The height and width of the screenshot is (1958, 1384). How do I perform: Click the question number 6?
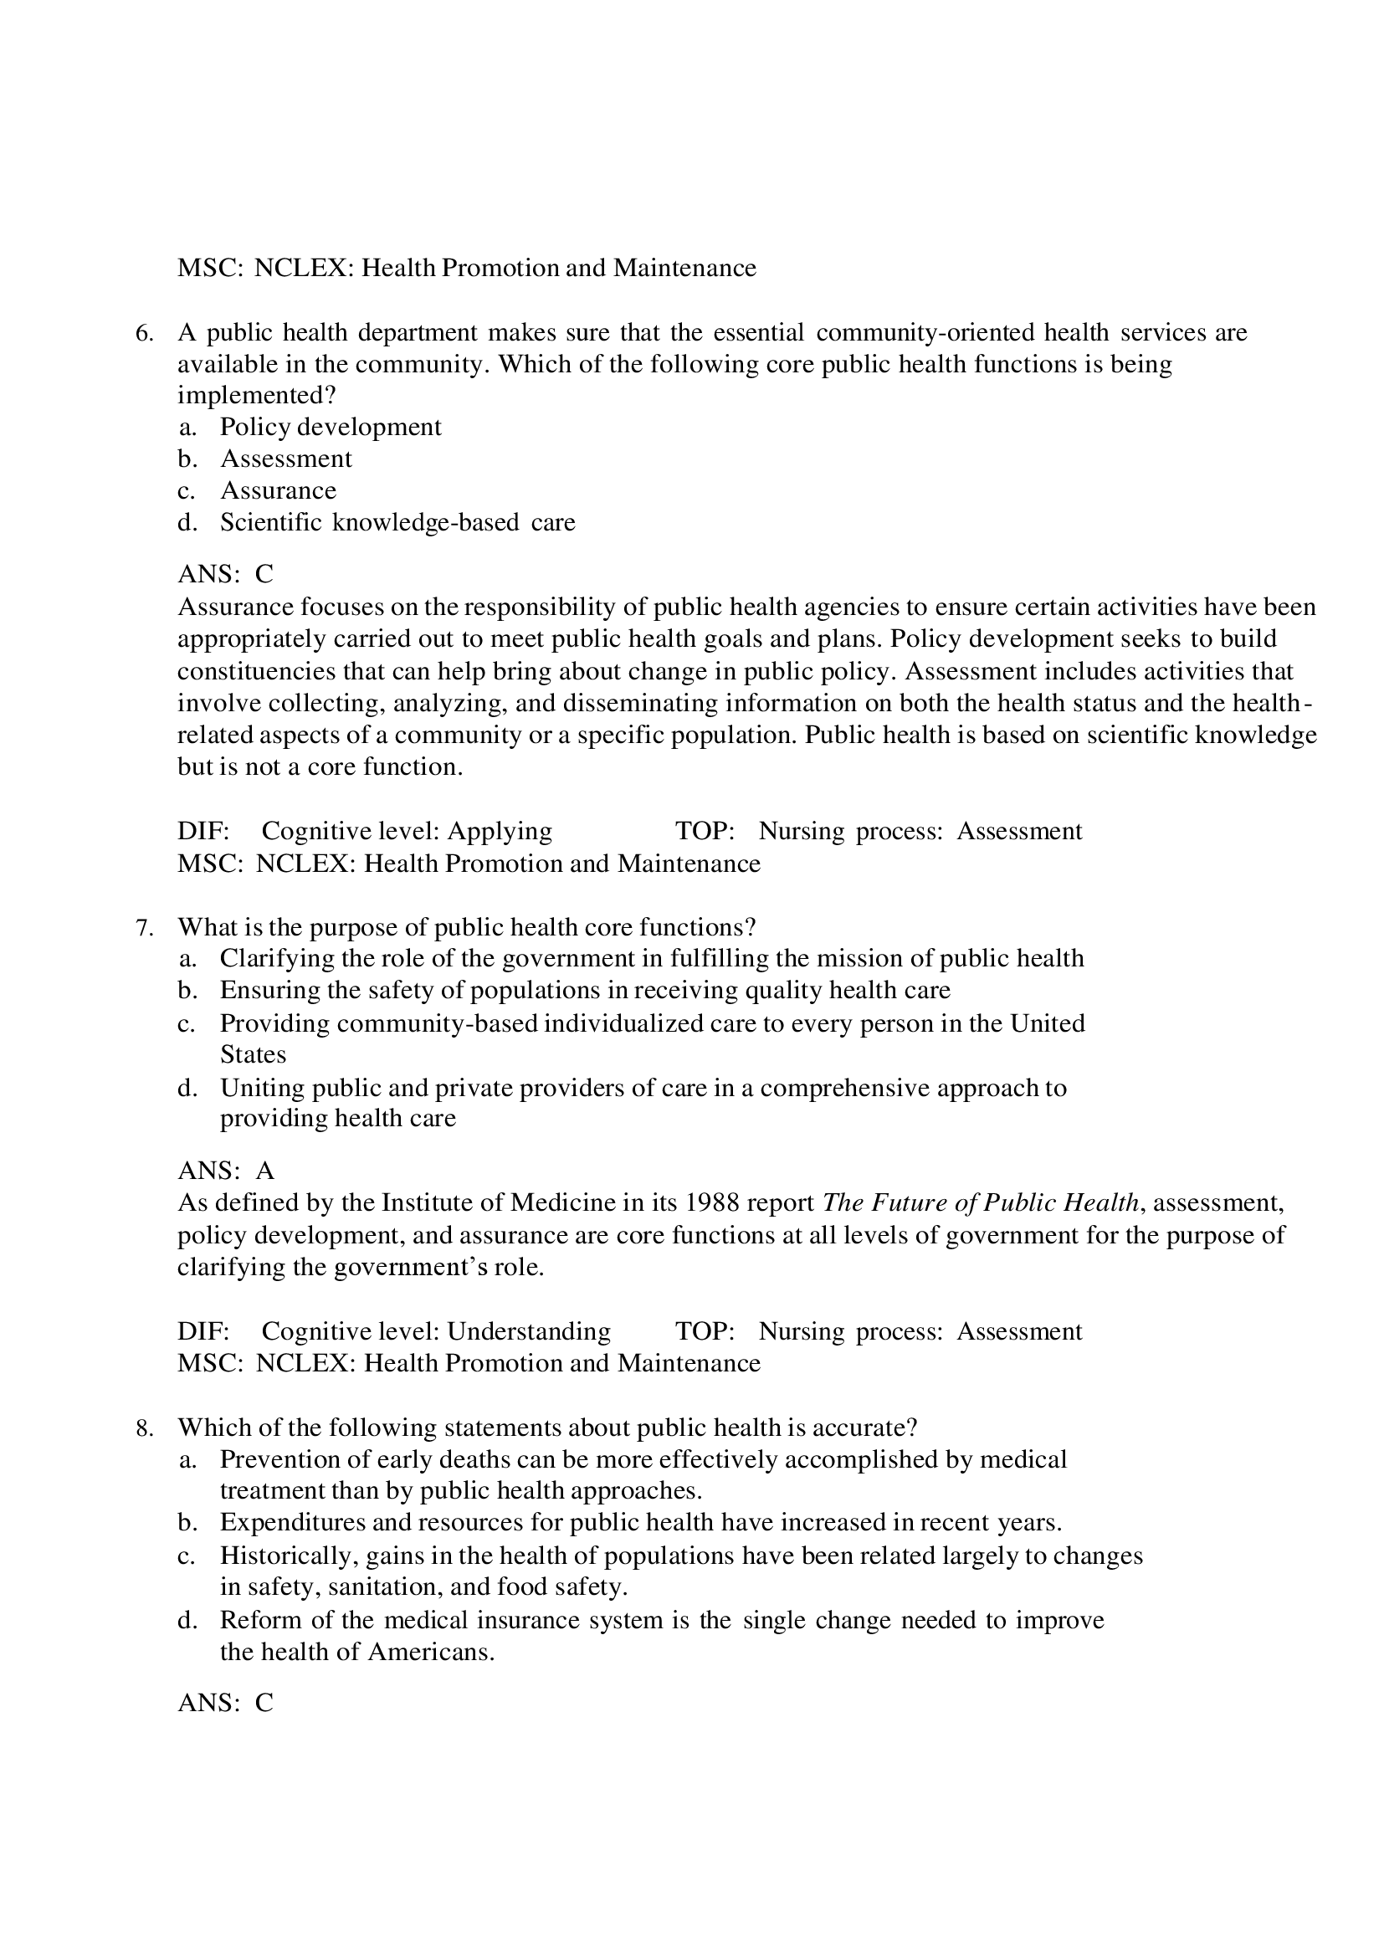pyautogui.click(x=144, y=333)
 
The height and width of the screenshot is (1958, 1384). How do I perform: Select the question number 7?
pyautogui.click(x=144, y=927)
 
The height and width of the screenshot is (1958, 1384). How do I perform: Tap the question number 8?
pyautogui.click(x=144, y=1427)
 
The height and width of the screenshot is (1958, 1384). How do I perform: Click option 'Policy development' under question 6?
pyautogui.click(x=330, y=427)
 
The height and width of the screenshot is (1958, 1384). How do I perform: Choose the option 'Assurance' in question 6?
pyautogui.click(x=278, y=490)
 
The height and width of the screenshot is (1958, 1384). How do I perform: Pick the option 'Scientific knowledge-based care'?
pyautogui.click(x=397, y=522)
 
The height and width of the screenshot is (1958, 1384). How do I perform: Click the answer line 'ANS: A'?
pyautogui.click(x=226, y=1171)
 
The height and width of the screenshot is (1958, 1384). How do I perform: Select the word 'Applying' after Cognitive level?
pyautogui.click(x=500, y=831)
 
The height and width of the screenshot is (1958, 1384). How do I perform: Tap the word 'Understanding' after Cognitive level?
pyautogui.click(x=529, y=1331)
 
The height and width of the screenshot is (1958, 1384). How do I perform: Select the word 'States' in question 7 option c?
pyautogui.click(x=253, y=1055)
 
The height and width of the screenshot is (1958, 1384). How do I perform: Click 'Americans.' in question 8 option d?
pyautogui.click(x=432, y=1653)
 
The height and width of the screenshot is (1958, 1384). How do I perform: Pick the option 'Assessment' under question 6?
pyautogui.click(x=285, y=459)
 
